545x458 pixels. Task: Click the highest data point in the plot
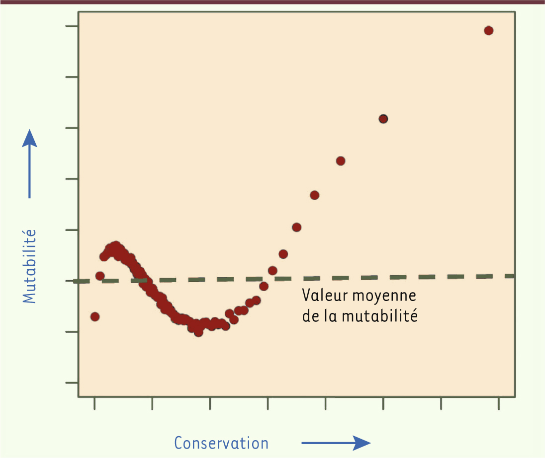(x=488, y=31)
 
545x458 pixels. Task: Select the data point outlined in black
(x=383, y=119)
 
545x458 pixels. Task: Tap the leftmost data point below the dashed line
(x=94, y=316)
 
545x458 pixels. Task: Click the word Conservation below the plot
(x=221, y=443)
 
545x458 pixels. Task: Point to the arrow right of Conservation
(x=336, y=442)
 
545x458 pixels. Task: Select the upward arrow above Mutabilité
(x=30, y=164)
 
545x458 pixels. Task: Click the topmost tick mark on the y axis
(x=71, y=26)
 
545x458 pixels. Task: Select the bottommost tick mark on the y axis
(x=71, y=382)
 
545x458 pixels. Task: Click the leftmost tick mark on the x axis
(x=94, y=403)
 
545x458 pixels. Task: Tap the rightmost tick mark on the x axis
(x=499, y=403)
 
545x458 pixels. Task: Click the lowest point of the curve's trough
(x=198, y=332)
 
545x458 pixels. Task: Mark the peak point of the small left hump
(x=116, y=245)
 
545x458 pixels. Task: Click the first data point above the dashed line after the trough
(x=272, y=271)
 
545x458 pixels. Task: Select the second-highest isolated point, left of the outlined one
(x=341, y=161)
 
